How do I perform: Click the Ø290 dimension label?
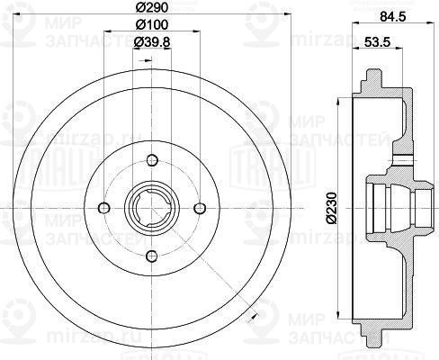148,8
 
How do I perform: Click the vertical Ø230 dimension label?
332,208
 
